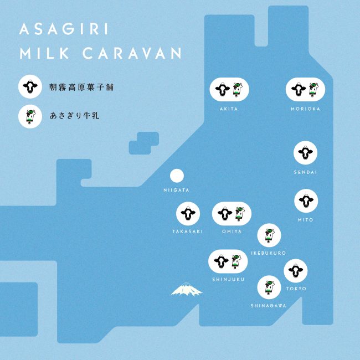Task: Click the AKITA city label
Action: [229, 109]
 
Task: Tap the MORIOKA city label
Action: [305, 109]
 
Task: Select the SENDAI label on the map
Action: [305, 172]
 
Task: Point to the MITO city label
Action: [305, 220]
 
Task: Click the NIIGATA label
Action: [177, 190]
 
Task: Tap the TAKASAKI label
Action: [188, 231]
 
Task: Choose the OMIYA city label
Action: [232, 231]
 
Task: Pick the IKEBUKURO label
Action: [269, 253]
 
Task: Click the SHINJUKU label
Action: [228, 279]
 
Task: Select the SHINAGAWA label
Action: [269, 305]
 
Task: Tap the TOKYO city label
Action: [297, 289]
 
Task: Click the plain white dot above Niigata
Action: [177, 176]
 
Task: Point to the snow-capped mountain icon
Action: [186, 289]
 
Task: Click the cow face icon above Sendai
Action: [305, 152]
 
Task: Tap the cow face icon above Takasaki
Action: [188, 213]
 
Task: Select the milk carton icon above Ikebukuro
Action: [269, 235]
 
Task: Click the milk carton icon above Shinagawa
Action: [269, 286]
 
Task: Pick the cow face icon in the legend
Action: [29, 86]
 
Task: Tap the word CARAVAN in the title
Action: [139, 54]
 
